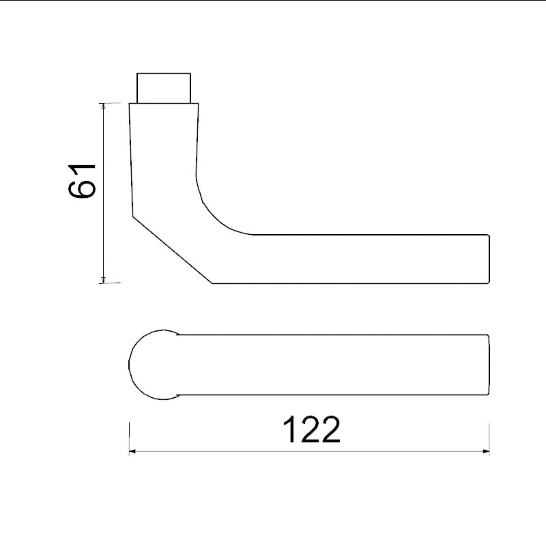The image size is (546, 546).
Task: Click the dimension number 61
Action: [81, 182]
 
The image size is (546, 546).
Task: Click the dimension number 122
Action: [311, 430]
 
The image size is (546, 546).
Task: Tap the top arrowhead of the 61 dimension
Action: [103, 106]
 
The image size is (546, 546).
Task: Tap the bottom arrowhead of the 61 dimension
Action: [103, 278]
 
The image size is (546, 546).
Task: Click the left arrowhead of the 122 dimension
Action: [133, 451]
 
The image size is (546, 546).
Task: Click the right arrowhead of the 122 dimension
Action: [485, 451]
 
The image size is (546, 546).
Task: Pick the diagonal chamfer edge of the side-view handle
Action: [171, 248]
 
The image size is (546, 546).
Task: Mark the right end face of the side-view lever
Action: [489, 259]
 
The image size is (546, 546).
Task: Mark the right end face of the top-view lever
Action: [489, 365]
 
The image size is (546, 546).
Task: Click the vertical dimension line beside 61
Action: [103, 225]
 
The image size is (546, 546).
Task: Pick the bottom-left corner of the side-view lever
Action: [213, 283]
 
